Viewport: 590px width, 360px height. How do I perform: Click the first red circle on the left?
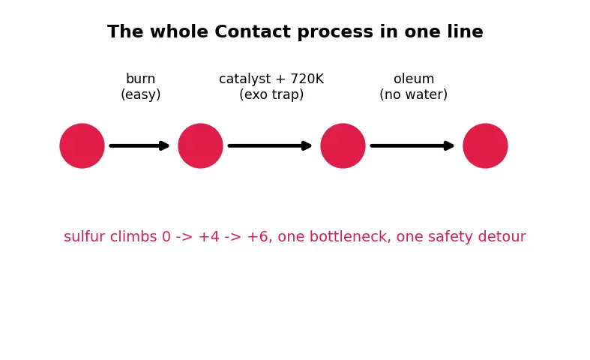[x=82, y=145]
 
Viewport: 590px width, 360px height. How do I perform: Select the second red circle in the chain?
[x=201, y=145]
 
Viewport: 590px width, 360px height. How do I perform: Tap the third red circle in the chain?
[x=343, y=145]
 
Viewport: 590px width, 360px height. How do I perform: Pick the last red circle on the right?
[x=485, y=145]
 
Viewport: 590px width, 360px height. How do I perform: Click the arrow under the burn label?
[x=139, y=145]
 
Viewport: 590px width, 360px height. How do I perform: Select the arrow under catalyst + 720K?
[x=270, y=145]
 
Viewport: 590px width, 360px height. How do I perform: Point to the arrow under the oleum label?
[x=412, y=145]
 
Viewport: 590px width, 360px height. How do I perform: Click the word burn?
[x=141, y=79]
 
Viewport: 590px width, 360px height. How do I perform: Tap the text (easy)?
[x=141, y=94]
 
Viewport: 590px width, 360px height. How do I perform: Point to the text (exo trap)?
[x=271, y=94]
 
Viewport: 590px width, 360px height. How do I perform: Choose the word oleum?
[x=414, y=79]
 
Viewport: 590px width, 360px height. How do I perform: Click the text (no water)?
[x=414, y=94]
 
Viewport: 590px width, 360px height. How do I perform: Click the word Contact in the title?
[x=253, y=31]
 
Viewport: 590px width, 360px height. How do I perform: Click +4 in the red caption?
[x=209, y=237]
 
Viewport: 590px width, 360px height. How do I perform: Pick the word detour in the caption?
[x=502, y=236]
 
